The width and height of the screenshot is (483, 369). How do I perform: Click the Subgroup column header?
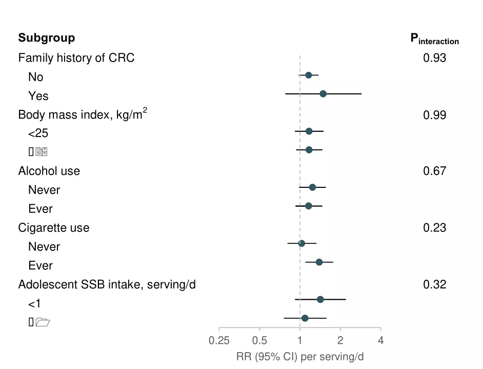pos(47,38)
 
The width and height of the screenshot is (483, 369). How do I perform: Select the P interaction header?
pos(434,39)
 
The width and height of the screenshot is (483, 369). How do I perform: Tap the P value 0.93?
pos(434,58)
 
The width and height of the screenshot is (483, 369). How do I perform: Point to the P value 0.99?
pos(434,115)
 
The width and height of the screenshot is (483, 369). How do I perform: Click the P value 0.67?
pos(434,171)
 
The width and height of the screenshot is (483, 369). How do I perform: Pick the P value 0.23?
pos(434,228)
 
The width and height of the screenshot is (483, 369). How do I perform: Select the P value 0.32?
pos(434,284)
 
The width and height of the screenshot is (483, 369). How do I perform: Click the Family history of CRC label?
pos(76,58)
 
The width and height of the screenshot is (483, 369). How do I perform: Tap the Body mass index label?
pos(83,114)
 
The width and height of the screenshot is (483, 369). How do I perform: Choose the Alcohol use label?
pos(49,171)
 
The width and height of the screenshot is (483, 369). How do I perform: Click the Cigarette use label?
pos(54,228)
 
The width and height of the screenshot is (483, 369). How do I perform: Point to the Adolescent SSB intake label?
pos(107,284)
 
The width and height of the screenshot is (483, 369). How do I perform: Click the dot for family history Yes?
pos(323,94)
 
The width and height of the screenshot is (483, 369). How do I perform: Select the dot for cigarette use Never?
pos(301,243)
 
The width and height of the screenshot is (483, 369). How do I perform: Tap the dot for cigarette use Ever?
pos(319,262)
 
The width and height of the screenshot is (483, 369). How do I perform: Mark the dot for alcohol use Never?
pos(312,187)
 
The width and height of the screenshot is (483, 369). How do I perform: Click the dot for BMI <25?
pos(309,131)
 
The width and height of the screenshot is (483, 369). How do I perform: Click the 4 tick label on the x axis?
pos(380,340)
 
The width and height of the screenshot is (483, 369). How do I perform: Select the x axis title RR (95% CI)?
pos(300,357)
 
